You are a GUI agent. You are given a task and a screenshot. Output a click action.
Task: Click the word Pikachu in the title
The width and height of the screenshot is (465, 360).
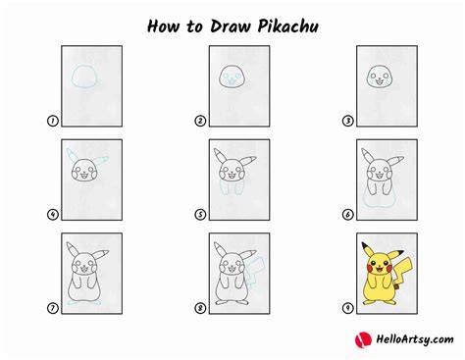tap(288, 26)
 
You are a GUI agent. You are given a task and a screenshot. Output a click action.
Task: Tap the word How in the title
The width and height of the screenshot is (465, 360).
tap(164, 26)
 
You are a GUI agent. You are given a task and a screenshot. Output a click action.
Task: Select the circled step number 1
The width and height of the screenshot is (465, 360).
tap(53, 121)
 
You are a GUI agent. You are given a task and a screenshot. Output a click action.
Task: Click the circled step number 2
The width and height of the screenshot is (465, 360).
tap(200, 121)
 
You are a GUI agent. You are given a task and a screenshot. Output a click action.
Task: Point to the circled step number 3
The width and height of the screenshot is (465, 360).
tap(347, 121)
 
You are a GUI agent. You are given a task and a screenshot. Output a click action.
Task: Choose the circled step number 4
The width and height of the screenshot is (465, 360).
tap(53, 215)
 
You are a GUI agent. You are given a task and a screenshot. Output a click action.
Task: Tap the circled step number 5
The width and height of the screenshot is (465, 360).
tap(200, 215)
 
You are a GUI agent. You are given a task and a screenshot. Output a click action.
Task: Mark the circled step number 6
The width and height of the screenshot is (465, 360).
tap(347, 215)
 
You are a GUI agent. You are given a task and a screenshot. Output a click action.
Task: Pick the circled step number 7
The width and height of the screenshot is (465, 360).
tap(53, 308)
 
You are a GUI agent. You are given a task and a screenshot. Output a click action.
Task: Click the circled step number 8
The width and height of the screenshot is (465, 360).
tap(200, 308)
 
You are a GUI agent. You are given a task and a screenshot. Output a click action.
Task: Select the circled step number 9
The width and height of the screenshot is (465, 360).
tap(347, 308)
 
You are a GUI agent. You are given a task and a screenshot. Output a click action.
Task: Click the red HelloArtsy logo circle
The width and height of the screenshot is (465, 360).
tap(363, 339)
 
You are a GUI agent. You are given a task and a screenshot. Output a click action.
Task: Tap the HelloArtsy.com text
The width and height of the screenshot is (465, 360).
tap(415, 339)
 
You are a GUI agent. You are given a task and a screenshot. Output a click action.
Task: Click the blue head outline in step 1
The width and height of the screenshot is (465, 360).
tap(73, 76)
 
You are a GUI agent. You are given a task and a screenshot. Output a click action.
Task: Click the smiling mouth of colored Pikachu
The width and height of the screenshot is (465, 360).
tap(380, 269)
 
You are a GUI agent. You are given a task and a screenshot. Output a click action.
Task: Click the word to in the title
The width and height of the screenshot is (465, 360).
tap(194, 26)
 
